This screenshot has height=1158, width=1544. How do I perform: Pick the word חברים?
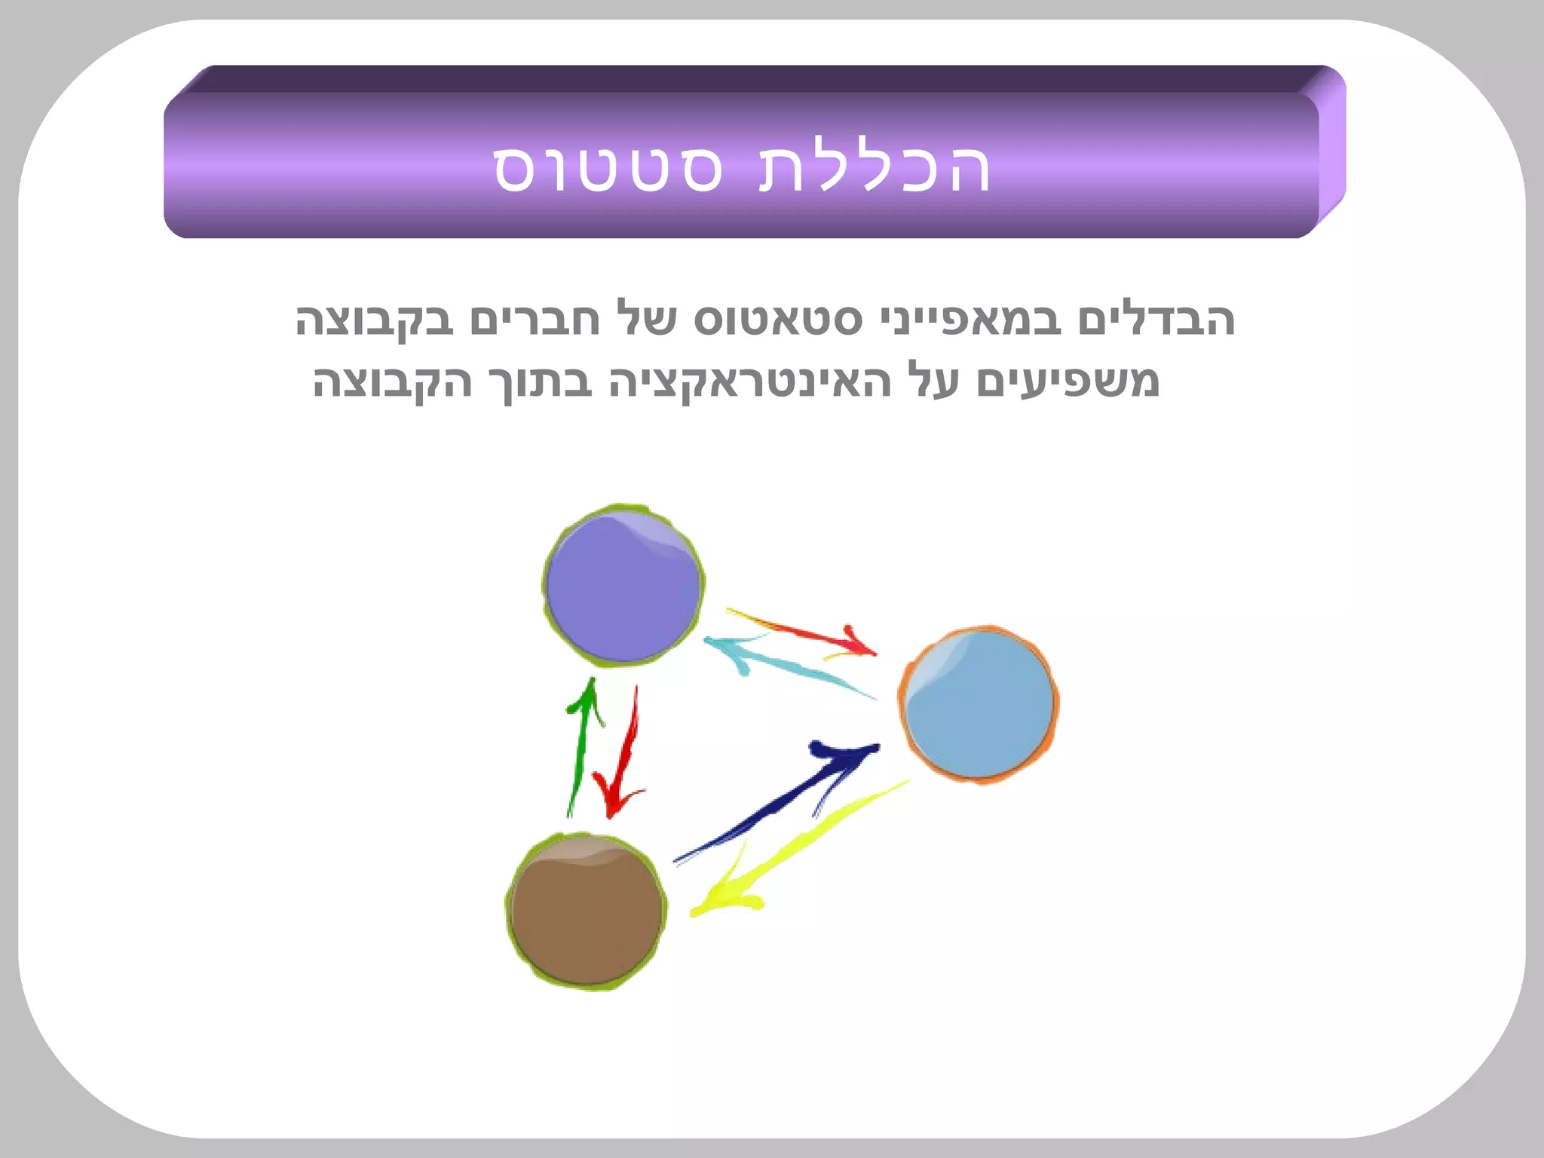535,320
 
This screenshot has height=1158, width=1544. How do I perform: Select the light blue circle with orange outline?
979,704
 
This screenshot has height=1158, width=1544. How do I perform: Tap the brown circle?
587,911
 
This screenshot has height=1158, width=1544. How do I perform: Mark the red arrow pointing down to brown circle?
624,754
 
